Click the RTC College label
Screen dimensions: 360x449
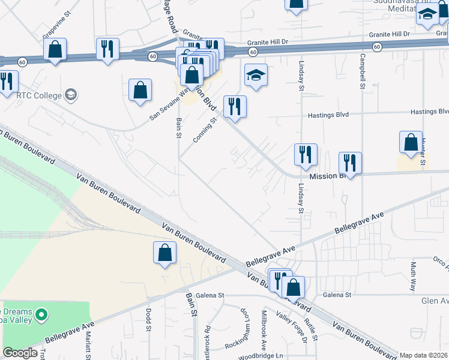pos(39,95)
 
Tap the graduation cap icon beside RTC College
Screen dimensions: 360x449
pos(71,95)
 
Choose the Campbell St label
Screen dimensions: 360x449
pos(363,71)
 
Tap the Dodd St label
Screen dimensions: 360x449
pos(148,320)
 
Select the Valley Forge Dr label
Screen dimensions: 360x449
pos(292,328)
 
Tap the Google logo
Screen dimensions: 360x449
pos(20,353)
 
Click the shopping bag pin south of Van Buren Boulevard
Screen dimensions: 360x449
pos(165,253)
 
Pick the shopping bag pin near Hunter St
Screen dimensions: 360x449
pos(411,142)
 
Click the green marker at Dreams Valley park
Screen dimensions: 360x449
pos(41,313)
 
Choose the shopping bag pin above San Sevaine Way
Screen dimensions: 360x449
pos(140,90)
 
